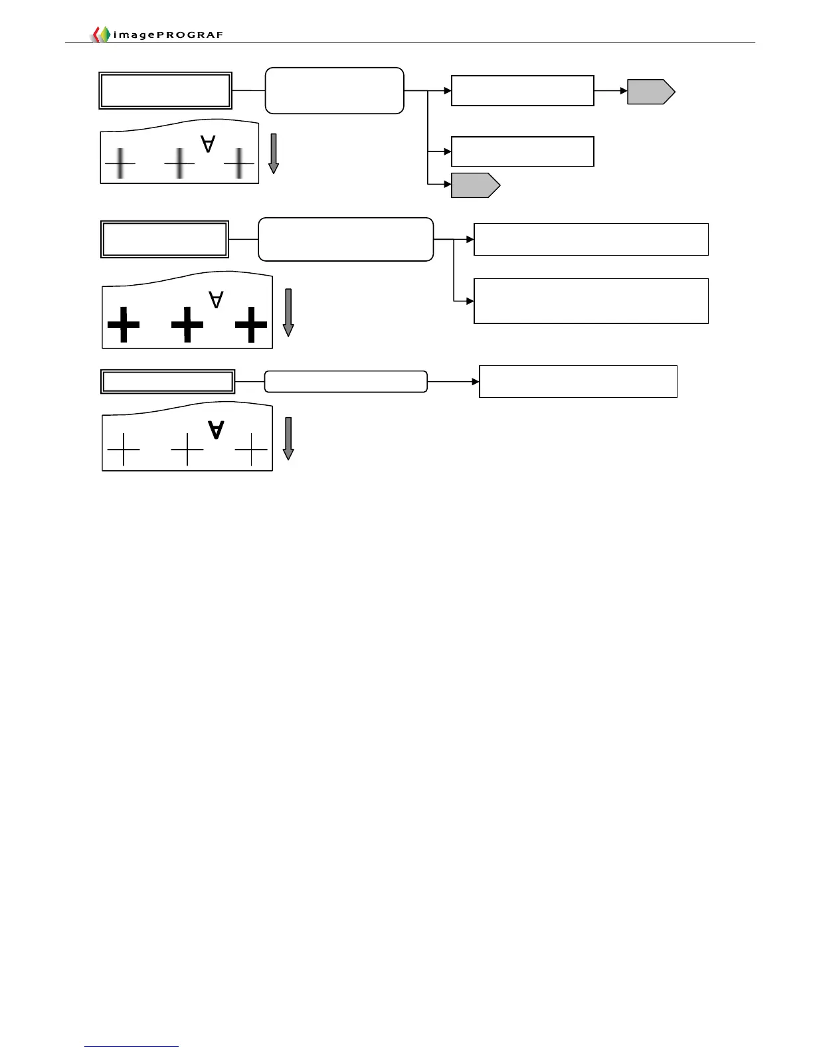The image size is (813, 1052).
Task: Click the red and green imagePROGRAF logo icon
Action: click(x=100, y=35)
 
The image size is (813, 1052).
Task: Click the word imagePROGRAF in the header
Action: click(x=168, y=35)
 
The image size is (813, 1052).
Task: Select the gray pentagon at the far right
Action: click(x=650, y=92)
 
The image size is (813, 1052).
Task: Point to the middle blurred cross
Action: click(x=179, y=163)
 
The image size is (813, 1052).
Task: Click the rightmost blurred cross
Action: click(x=239, y=163)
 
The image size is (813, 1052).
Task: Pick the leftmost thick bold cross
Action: click(x=124, y=325)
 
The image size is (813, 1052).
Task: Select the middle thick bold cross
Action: click(x=187, y=325)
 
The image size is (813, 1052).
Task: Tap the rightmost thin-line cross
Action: click(x=251, y=450)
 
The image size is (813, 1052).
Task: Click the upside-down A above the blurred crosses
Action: click(x=208, y=143)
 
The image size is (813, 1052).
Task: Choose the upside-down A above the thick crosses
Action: click(x=216, y=300)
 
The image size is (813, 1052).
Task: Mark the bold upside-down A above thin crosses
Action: click(x=216, y=430)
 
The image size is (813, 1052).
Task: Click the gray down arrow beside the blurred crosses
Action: click(x=273, y=153)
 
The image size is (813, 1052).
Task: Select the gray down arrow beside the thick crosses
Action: click(x=288, y=312)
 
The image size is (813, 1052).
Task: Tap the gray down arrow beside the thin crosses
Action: click(x=288, y=438)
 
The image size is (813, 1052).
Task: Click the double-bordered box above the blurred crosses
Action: click(x=165, y=90)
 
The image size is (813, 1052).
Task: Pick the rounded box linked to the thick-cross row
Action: click(x=345, y=239)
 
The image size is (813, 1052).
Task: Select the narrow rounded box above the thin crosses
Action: click(x=345, y=382)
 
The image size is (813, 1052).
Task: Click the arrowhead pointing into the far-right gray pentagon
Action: click(x=623, y=91)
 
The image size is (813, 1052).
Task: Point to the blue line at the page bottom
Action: click(x=132, y=1046)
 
